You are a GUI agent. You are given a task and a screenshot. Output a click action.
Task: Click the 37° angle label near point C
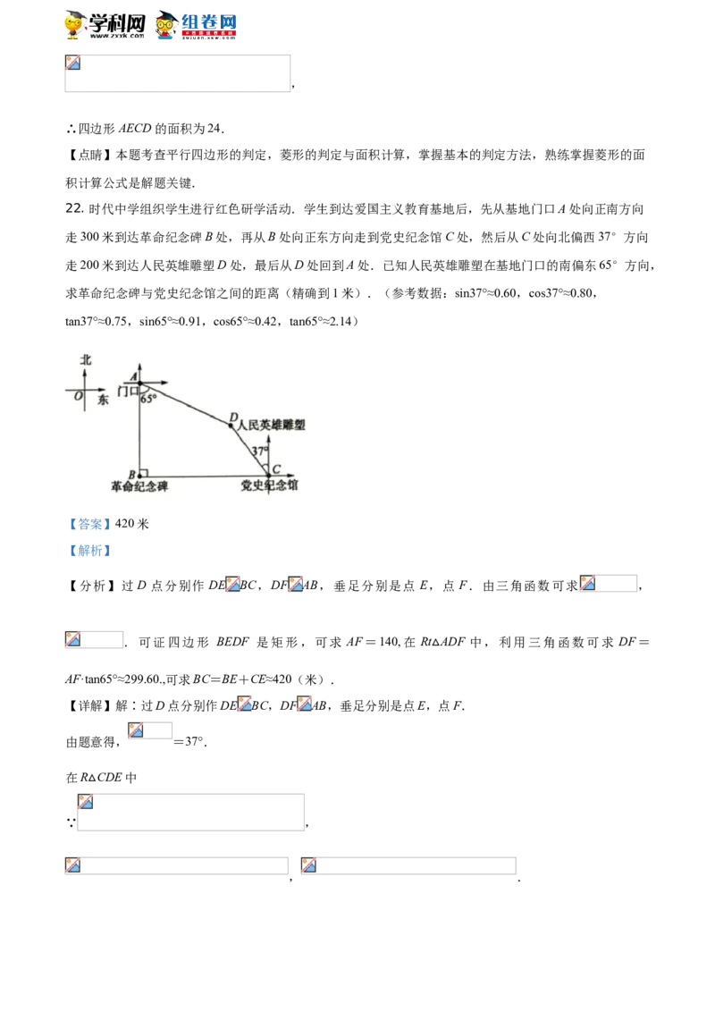coord(259,451)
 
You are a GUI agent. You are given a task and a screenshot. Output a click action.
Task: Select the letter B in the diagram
coord(132,474)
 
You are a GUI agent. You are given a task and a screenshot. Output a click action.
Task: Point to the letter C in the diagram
coord(276,469)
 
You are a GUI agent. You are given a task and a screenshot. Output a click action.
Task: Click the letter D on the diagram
coord(233,417)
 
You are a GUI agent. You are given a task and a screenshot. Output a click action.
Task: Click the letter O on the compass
coord(79,394)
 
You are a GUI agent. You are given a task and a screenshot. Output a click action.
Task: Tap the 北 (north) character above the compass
coord(86,359)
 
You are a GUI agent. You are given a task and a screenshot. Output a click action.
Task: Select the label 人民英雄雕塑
coord(272,426)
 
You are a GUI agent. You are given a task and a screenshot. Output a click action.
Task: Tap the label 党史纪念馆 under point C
coord(269,486)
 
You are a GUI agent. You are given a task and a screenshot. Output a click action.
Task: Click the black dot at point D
coord(231,426)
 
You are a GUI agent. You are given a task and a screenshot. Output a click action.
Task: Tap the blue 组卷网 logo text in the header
coord(210,21)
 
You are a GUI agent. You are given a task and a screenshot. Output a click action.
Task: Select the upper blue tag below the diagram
coord(89,526)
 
